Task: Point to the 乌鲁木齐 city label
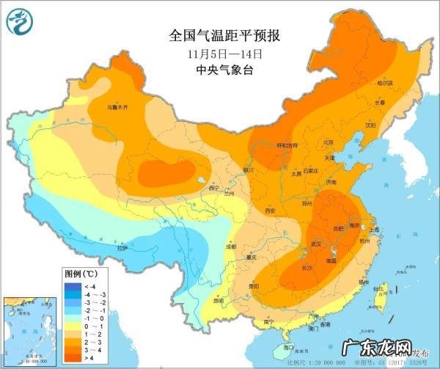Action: (x=117, y=107)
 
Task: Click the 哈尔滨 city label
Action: (x=385, y=84)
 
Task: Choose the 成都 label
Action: (x=232, y=246)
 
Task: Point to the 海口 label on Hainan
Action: (x=289, y=346)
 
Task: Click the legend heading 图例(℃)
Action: (x=80, y=273)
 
